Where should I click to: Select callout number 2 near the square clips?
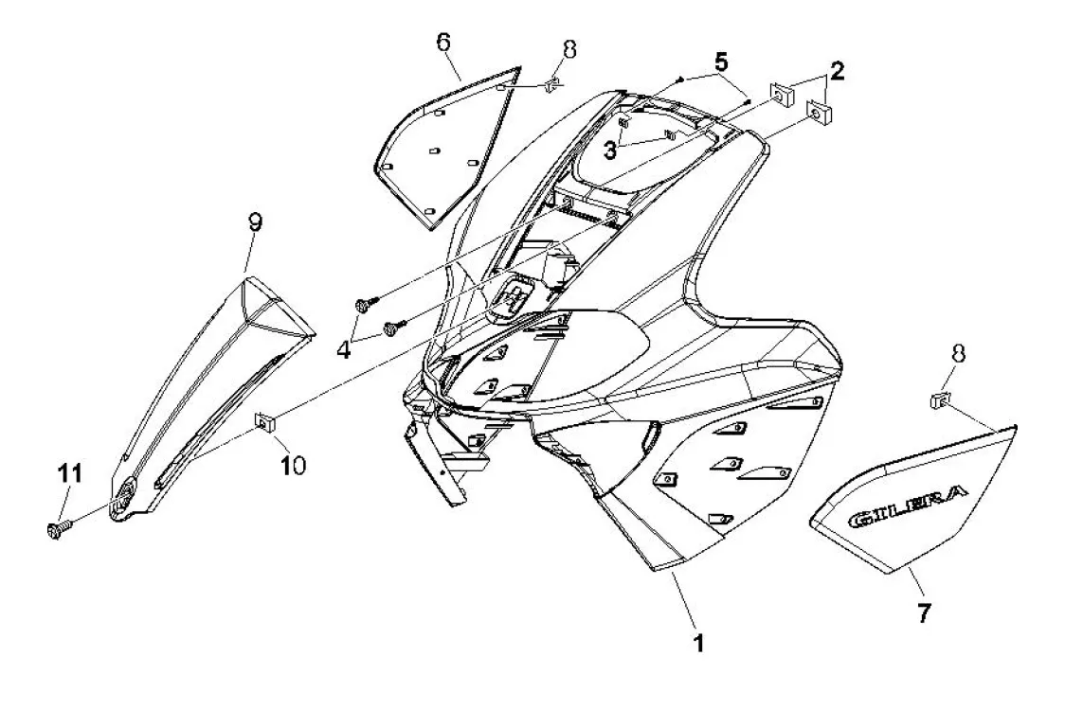pyautogui.click(x=837, y=69)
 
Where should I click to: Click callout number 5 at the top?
pyautogui.click(x=721, y=63)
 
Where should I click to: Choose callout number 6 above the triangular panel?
pyautogui.click(x=443, y=42)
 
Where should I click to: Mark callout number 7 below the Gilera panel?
pyautogui.click(x=923, y=613)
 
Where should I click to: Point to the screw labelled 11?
pyautogui.click(x=54, y=529)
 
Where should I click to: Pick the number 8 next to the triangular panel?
pyautogui.click(x=568, y=47)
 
